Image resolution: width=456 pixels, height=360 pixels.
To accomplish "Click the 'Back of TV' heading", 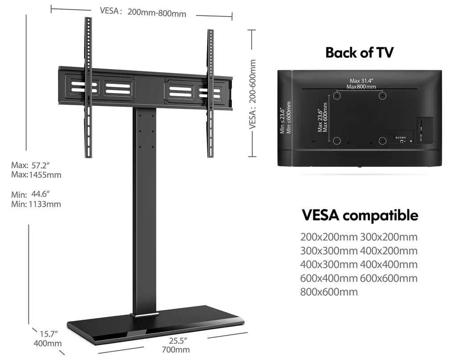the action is click(x=359, y=53).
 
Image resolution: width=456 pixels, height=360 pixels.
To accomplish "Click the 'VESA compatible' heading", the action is click(x=360, y=216).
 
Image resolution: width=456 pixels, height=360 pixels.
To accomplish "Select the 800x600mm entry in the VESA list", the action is click(x=329, y=291).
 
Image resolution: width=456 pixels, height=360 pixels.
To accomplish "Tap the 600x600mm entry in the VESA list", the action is click(x=389, y=278).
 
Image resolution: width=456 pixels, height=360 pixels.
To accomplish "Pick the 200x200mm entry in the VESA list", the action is click(x=329, y=237).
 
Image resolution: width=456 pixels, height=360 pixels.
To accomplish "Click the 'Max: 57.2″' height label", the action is click(x=31, y=165).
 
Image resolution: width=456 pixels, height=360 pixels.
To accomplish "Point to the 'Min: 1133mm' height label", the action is click(x=36, y=204).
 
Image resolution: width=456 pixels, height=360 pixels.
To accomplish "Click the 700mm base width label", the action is click(x=175, y=349).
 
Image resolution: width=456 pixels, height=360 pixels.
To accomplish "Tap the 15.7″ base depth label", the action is click(x=49, y=334).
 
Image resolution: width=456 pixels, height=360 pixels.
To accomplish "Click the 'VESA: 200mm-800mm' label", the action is click(x=143, y=12).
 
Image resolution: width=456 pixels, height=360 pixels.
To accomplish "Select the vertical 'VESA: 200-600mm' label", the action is click(x=252, y=94).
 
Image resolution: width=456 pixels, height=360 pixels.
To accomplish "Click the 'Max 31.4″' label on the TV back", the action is click(x=361, y=81).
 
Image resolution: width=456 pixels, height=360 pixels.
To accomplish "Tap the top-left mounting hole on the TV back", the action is click(x=337, y=95).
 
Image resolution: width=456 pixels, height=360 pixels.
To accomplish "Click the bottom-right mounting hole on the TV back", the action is click(x=383, y=141).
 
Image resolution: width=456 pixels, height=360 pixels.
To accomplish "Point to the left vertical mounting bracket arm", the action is click(x=88, y=87).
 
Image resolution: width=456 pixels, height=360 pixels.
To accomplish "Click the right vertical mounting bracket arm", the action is click(x=210, y=93).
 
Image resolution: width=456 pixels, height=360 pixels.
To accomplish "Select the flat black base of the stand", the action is click(x=155, y=324).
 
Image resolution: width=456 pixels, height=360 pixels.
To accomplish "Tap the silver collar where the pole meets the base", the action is click(x=145, y=315).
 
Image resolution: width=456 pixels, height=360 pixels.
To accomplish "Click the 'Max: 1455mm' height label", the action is click(x=36, y=175).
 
